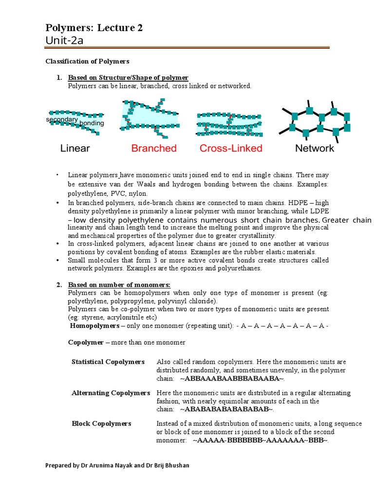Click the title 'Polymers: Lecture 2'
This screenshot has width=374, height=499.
point(94,28)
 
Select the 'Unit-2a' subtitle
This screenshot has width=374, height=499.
point(64,40)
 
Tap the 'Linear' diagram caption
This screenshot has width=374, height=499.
point(75,148)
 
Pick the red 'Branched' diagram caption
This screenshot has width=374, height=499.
point(154,148)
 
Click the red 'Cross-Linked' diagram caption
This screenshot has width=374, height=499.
point(231,148)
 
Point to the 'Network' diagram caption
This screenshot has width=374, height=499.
point(315,148)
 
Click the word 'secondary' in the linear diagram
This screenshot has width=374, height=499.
point(62,119)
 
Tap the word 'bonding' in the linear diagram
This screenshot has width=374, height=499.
point(92,123)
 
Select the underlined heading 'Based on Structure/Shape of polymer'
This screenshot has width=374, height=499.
point(128,78)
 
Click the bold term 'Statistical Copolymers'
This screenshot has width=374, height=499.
point(108,362)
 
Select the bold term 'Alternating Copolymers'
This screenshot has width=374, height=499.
point(111,393)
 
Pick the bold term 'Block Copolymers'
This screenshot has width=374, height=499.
point(101,424)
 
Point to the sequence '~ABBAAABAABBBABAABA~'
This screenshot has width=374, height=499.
point(232,379)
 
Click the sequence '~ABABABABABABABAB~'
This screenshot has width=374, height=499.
point(227,409)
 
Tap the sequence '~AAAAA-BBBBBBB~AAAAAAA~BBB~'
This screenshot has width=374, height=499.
point(260,440)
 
